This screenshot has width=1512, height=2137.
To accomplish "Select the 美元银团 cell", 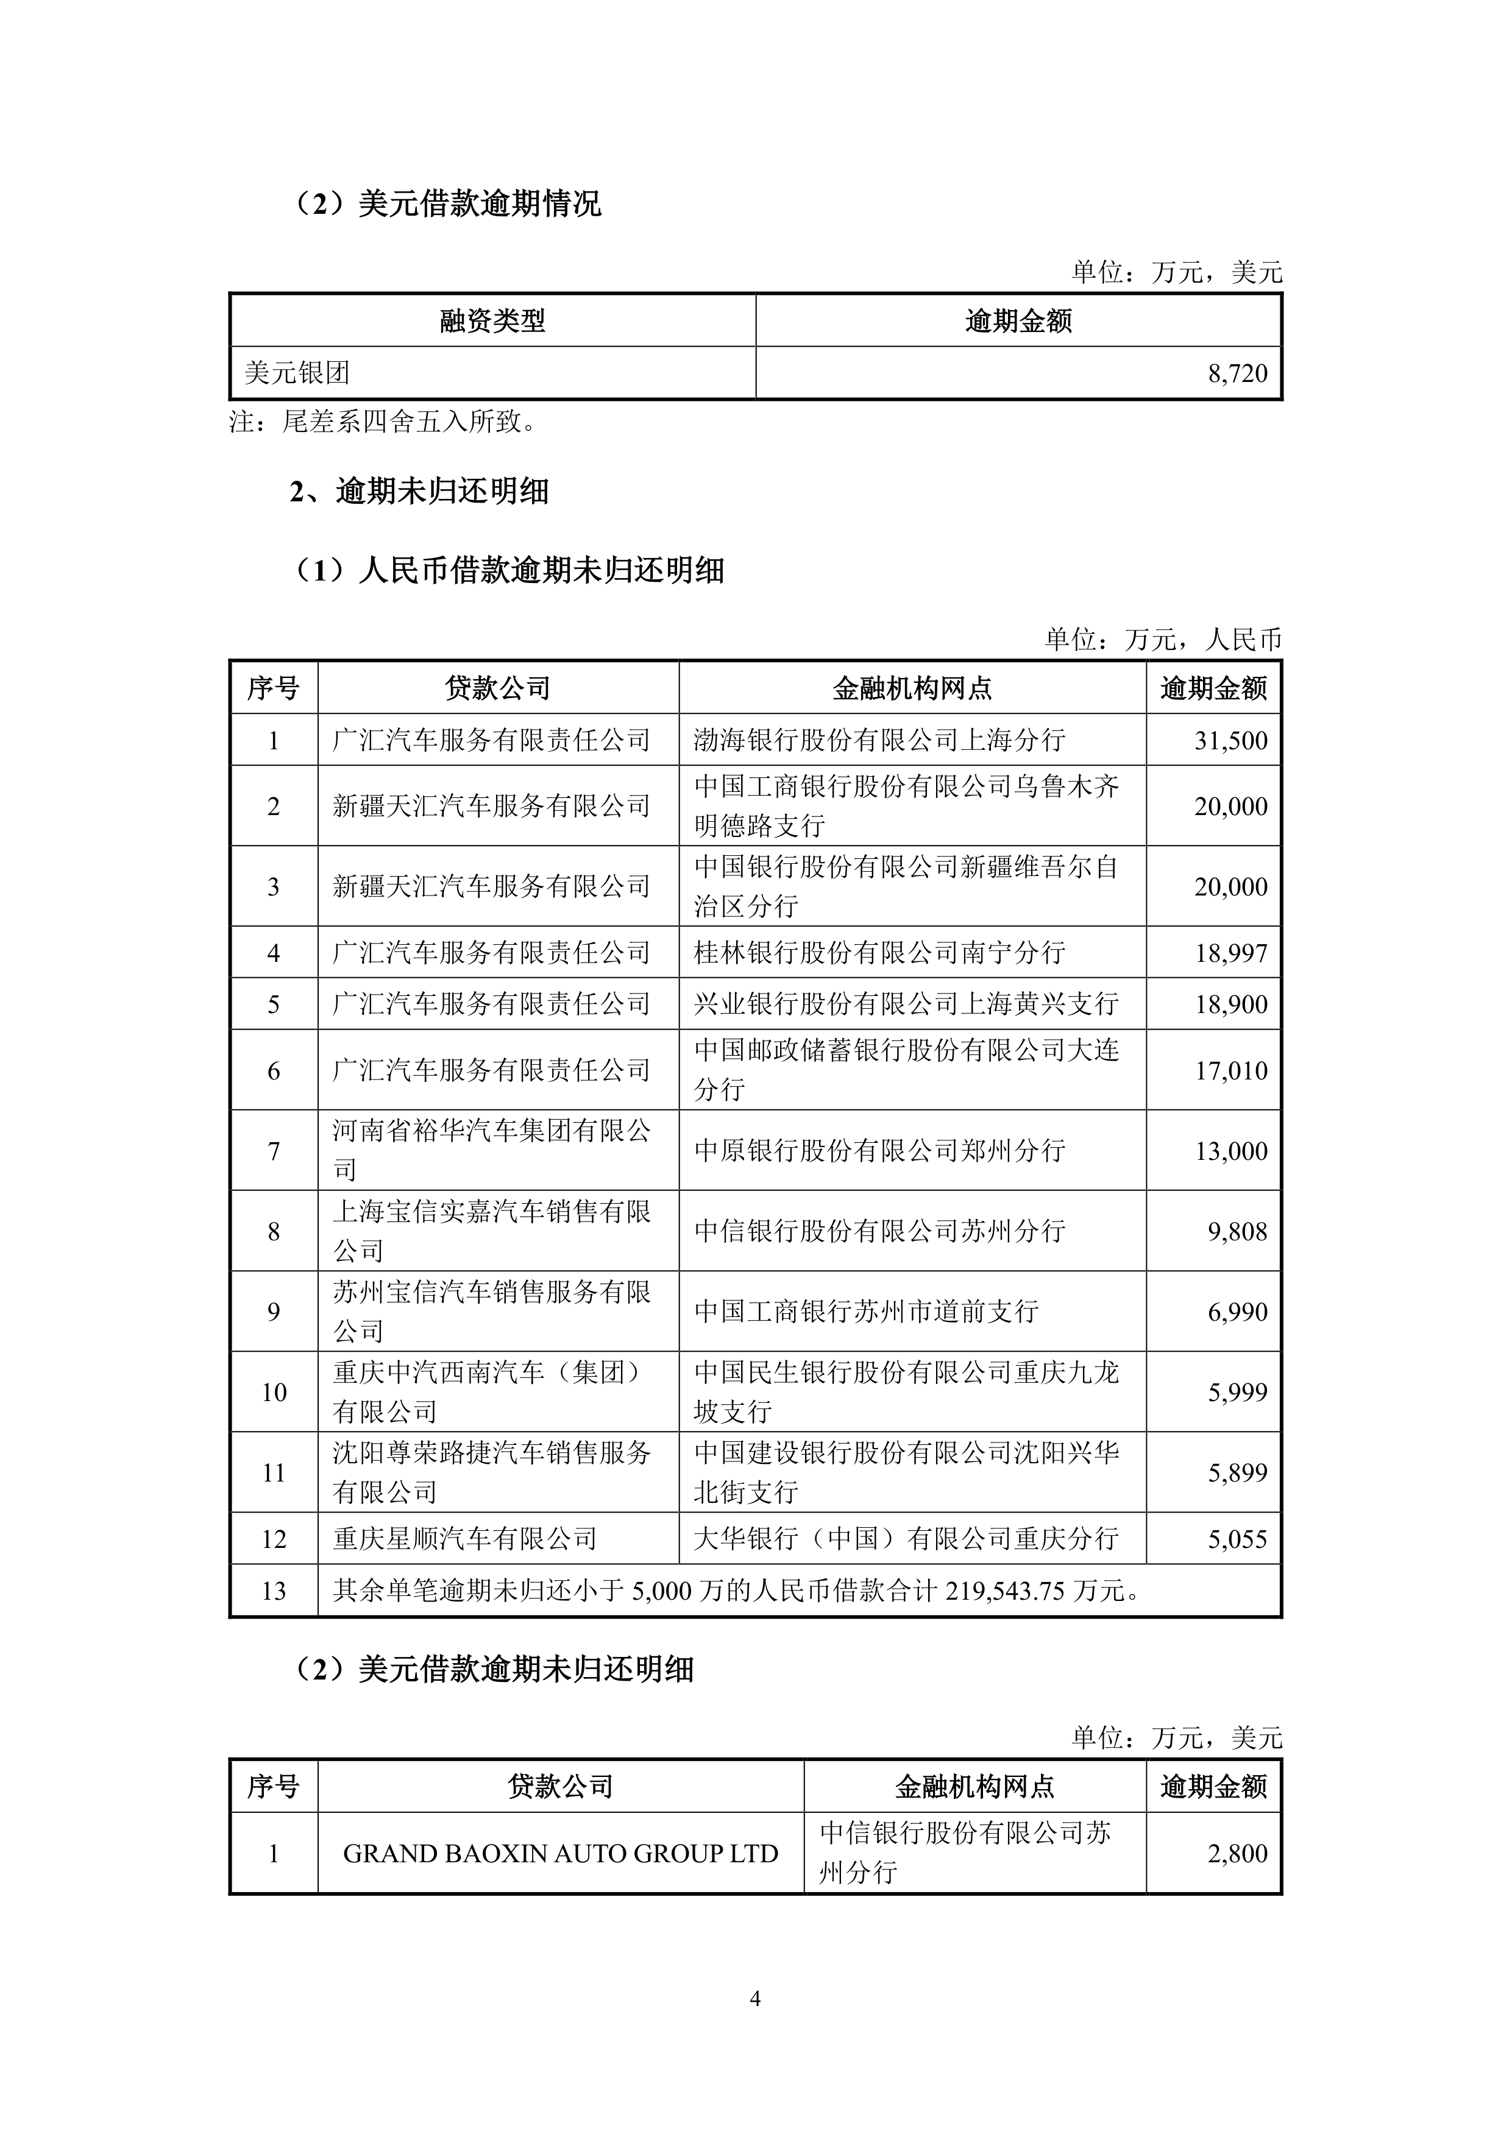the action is tap(297, 373).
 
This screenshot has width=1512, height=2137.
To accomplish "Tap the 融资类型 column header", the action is tap(492, 321).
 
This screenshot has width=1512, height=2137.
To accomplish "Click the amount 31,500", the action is tap(1231, 740).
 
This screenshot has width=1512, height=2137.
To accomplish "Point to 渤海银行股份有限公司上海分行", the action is tap(879, 740).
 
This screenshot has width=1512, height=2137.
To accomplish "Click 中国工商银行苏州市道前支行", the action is tap(866, 1312).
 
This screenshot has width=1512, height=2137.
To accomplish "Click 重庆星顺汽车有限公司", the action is tap(464, 1539).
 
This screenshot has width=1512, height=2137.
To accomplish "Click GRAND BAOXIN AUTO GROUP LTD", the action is tap(561, 1853).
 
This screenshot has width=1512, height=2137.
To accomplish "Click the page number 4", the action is tap(755, 1998).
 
